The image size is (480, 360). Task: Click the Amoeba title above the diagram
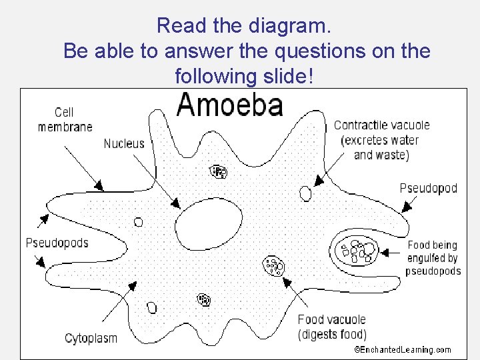(x=229, y=106)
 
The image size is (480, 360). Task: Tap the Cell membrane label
(x=65, y=119)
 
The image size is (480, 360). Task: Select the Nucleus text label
(x=124, y=143)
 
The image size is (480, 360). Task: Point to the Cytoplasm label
(x=91, y=338)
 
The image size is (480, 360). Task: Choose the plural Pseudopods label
(x=57, y=243)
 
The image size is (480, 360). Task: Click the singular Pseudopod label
(x=429, y=188)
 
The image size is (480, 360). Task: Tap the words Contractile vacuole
(x=381, y=125)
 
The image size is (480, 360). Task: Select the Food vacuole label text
(x=331, y=320)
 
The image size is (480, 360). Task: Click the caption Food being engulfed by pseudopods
(x=433, y=258)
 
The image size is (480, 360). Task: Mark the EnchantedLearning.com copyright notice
(x=402, y=349)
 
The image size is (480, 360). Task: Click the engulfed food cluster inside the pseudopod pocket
(x=357, y=252)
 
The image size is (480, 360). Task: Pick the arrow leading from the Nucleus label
(x=159, y=179)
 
